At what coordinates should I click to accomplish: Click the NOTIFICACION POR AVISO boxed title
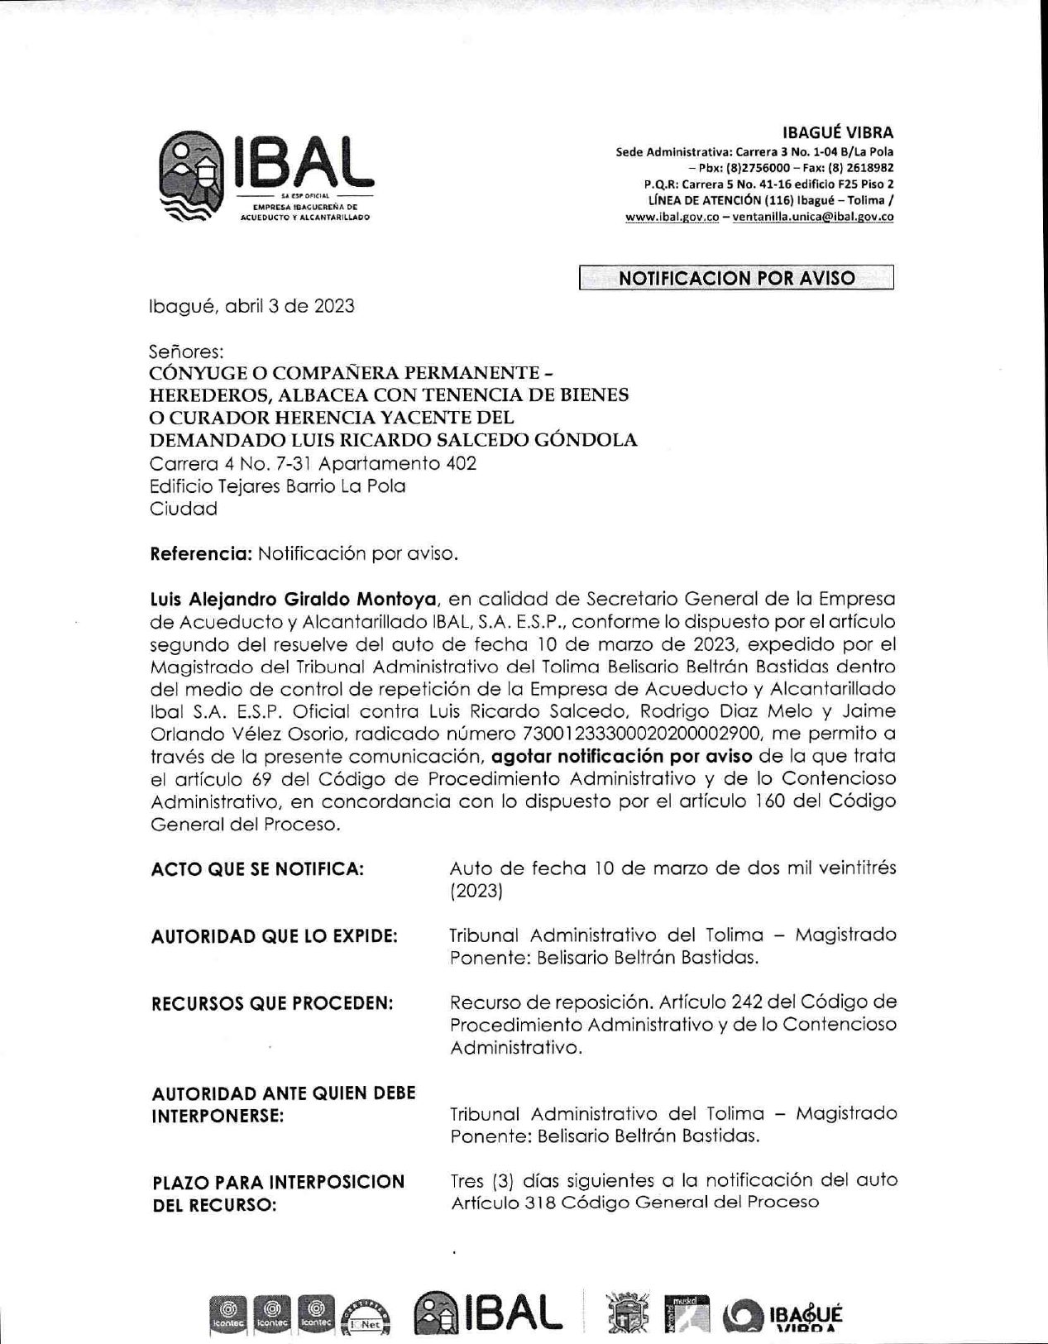pos(736,278)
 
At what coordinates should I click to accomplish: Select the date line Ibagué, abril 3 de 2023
pos(251,306)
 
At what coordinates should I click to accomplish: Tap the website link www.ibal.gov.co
pos(672,217)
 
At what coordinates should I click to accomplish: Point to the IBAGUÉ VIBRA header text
pos(837,132)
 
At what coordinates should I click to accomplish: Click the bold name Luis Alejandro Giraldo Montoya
pos(293,599)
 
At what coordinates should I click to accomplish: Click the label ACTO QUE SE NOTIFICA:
pos(257,869)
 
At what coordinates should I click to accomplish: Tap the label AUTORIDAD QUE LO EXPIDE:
pos(274,936)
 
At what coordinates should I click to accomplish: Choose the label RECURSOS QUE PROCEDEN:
pos(272,1003)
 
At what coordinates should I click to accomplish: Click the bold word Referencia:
pos(200,553)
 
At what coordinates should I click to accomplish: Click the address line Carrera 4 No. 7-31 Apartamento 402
pos(313,463)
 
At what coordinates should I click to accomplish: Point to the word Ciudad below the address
pos(183,509)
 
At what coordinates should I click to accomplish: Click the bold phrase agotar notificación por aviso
pos(621,756)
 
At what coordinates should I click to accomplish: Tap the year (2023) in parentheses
pos(476,892)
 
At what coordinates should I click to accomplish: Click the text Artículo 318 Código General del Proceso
pos(634,1203)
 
